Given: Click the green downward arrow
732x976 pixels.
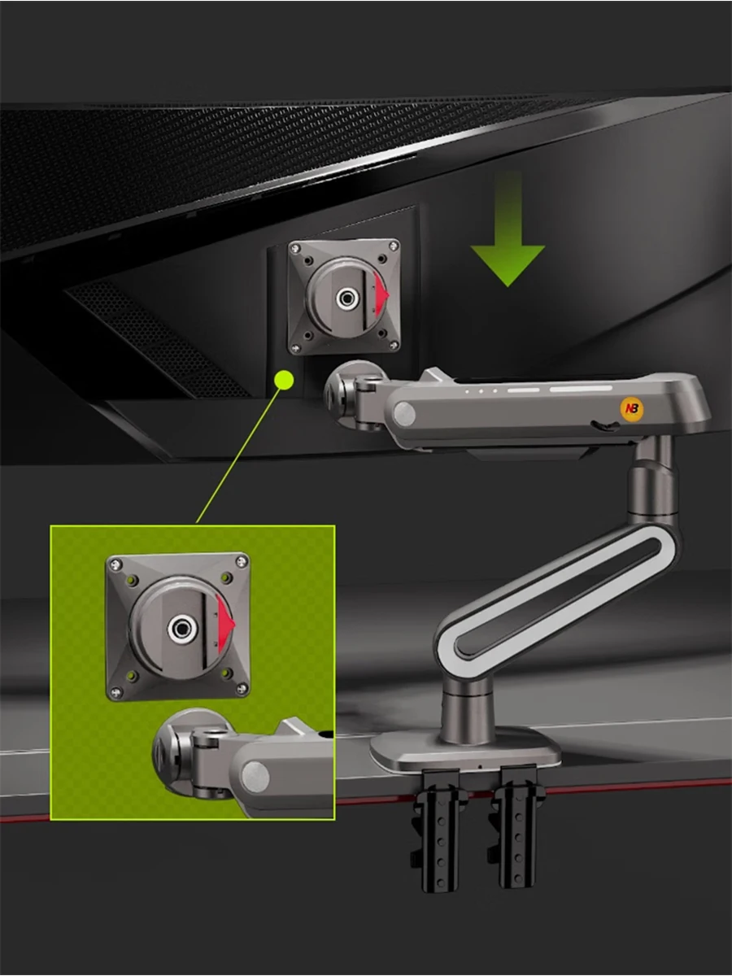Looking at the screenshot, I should click(x=508, y=244).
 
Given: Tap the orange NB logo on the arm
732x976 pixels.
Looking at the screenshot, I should click(x=632, y=409).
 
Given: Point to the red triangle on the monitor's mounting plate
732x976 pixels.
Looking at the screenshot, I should click(x=381, y=295).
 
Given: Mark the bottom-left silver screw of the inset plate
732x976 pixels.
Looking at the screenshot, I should click(x=116, y=692).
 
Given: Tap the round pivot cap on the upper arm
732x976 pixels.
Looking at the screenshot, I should click(x=404, y=416).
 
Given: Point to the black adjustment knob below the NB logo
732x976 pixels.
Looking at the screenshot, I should click(x=603, y=425).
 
